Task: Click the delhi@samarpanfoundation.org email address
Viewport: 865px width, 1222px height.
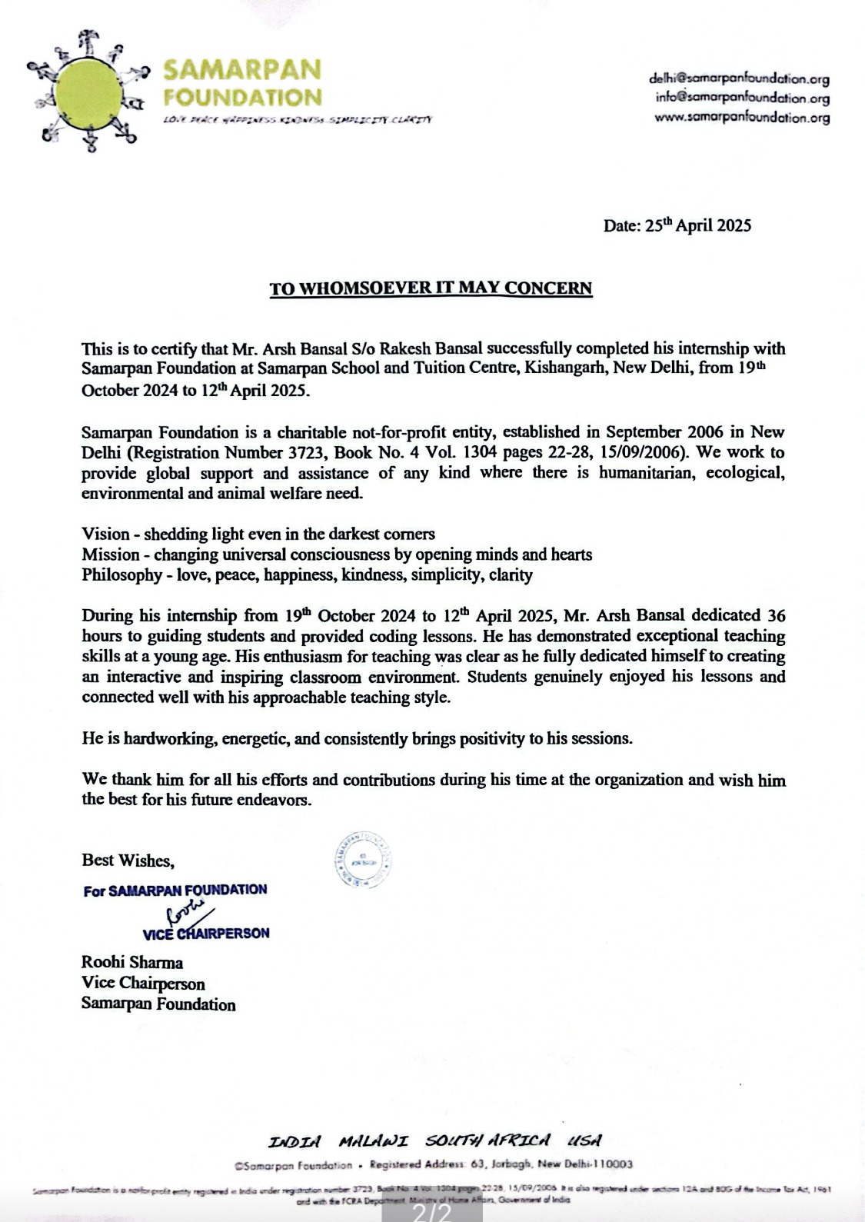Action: [739, 78]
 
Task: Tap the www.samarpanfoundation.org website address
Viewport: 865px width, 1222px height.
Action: [742, 118]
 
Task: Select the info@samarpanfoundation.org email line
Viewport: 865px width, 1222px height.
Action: [742, 98]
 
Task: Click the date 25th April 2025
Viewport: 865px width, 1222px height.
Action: [677, 225]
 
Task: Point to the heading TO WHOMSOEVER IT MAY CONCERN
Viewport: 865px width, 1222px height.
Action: [431, 288]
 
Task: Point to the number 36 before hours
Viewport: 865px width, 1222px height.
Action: [776, 616]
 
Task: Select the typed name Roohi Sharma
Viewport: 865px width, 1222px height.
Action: [131, 962]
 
